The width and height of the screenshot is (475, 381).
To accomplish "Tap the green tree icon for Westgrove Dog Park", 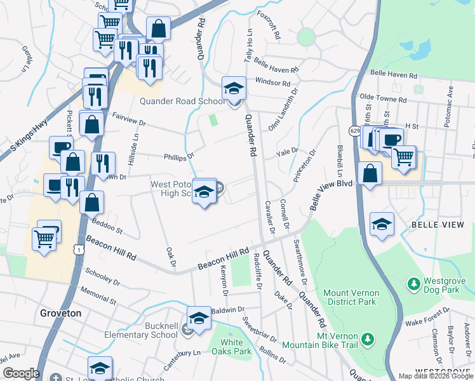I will pyautogui.click(x=414, y=282).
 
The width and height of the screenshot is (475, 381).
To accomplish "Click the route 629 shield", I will pyautogui.click(x=354, y=130).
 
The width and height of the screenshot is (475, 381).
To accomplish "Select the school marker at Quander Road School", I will pyautogui.click(x=233, y=88).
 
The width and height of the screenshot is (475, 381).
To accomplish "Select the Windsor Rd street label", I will pyautogui.click(x=272, y=83).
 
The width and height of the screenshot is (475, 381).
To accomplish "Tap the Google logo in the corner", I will pyautogui.click(x=21, y=373).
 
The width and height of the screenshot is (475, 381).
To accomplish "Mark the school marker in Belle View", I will pyautogui.click(x=382, y=224).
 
